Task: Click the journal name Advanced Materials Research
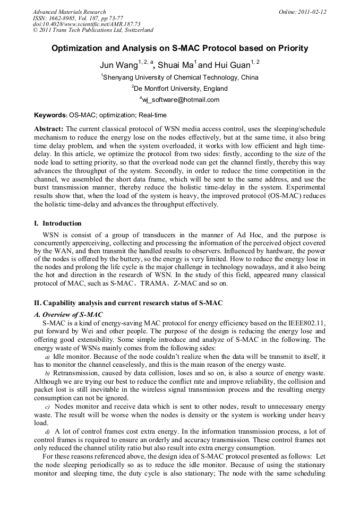pyautogui.click(x=69, y=12)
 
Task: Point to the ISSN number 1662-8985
pyautogui.click(x=65, y=18)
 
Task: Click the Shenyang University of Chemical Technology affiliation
pyautogui.click(x=181, y=77)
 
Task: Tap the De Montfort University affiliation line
pyautogui.click(x=181, y=89)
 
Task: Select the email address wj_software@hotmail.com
pyautogui.click(x=181, y=100)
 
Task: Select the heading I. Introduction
pyautogui.click(x=58, y=223)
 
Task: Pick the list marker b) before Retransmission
pyautogui.click(x=47, y=374)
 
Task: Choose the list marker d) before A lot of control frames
pyautogui.click(x=47, y=432)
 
